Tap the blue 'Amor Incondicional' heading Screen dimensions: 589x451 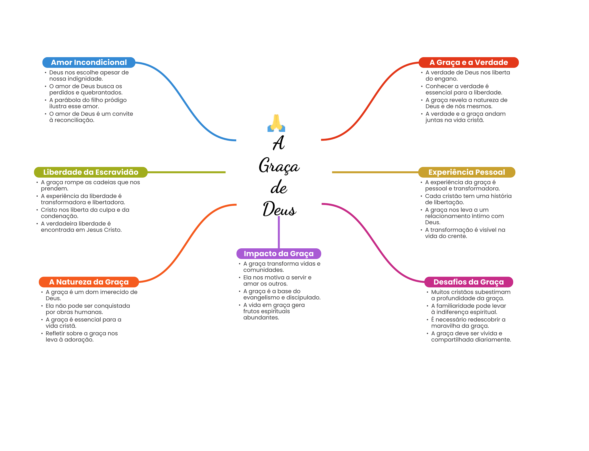coord(89,62)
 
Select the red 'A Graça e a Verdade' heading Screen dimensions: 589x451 coord(468,62)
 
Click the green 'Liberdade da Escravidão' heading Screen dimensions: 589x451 coord(91,172)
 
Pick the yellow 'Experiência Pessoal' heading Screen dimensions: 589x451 coord(466,172)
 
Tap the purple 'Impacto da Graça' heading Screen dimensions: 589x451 coord(278,254)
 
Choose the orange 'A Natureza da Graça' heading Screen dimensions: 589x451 coord(89,282)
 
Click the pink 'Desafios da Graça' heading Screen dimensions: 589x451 coord(468,282)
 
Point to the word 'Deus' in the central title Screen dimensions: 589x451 coord(279,209)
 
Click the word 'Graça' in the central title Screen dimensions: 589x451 coord(279,166)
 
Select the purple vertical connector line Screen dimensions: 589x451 coord(279,232)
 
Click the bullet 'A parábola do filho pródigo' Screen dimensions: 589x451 coord(88,103)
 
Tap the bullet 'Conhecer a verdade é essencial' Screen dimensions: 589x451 coord(464,89)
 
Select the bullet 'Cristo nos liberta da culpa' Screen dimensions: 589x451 coord(85,213)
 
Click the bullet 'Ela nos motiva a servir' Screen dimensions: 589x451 coord(277,281)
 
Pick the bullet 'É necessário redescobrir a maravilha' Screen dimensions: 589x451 coord(468,323)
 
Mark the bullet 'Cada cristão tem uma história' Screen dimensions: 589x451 coord(468,199)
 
